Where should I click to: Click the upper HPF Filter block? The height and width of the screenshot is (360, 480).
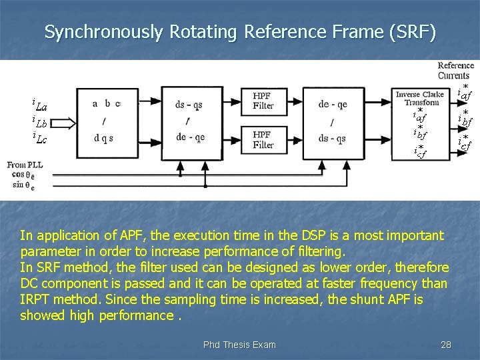point(263,101)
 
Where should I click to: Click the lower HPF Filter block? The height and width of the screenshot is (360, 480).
point(263,139)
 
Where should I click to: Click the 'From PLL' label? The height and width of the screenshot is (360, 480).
point(25,165)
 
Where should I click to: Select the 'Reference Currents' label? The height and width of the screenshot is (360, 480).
point(455,71)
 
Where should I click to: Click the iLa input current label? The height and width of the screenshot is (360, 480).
point(39,104)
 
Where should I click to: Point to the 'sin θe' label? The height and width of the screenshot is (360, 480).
point(21,185)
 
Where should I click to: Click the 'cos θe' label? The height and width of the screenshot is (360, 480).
point(22,175)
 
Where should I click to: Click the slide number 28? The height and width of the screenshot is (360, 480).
point(446,345)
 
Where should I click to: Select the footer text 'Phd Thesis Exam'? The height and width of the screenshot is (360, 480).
point(239,345)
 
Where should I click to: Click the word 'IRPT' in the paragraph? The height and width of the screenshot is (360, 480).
point(37,299)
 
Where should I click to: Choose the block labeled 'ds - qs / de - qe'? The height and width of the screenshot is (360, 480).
point(190,121)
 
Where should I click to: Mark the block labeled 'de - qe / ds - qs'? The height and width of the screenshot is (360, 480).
point(332,121)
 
